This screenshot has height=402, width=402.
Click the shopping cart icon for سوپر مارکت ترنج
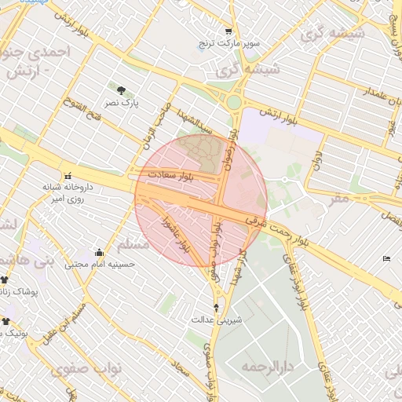(228, 31)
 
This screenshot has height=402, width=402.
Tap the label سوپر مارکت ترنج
(228, 43)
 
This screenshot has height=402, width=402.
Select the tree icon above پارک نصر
(120, 91)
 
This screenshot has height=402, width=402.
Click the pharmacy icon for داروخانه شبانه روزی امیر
(68, 176)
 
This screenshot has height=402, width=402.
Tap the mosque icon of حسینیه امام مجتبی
(99, 253)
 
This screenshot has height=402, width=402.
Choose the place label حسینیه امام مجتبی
(99, 265)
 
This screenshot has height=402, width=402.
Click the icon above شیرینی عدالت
(217, 307)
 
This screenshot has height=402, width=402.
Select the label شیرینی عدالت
(217, 320)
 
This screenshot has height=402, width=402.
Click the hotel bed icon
(386, 258)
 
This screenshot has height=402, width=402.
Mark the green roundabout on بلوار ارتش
(233, 101)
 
